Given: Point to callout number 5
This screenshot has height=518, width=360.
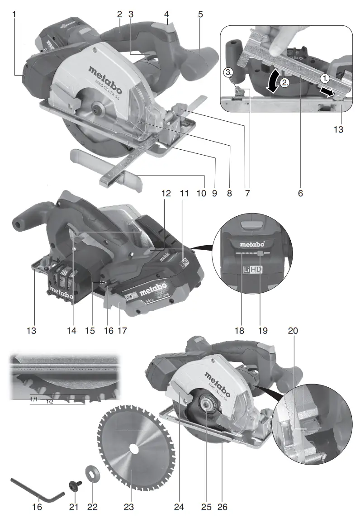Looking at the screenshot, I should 200,14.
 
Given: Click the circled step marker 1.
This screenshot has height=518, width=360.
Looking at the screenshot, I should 325,77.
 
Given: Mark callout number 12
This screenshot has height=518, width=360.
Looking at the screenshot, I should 166,193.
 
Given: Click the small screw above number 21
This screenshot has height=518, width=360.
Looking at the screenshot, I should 73,486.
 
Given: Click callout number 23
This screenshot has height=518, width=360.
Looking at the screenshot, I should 130,507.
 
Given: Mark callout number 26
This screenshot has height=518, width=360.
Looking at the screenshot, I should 223,507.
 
